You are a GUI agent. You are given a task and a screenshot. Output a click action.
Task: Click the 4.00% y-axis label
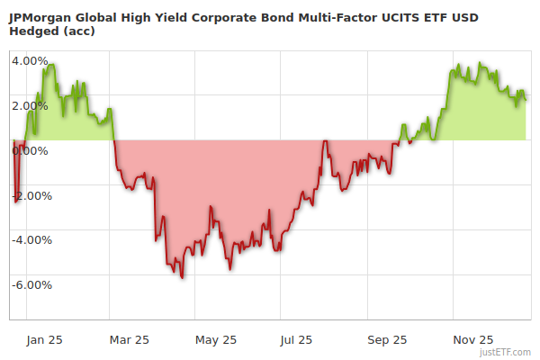30,61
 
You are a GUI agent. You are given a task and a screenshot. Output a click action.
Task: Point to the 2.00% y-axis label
30,106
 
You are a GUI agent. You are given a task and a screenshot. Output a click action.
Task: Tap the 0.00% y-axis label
30,150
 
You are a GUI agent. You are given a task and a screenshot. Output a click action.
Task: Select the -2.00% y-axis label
31,195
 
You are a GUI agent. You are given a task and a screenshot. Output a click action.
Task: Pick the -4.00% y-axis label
31,240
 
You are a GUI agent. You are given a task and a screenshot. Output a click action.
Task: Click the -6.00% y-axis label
31,285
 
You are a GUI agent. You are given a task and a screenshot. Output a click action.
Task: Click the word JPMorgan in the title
41,15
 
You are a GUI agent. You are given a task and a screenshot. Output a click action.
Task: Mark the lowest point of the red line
183,277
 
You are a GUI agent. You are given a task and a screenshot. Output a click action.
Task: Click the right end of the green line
526,98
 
